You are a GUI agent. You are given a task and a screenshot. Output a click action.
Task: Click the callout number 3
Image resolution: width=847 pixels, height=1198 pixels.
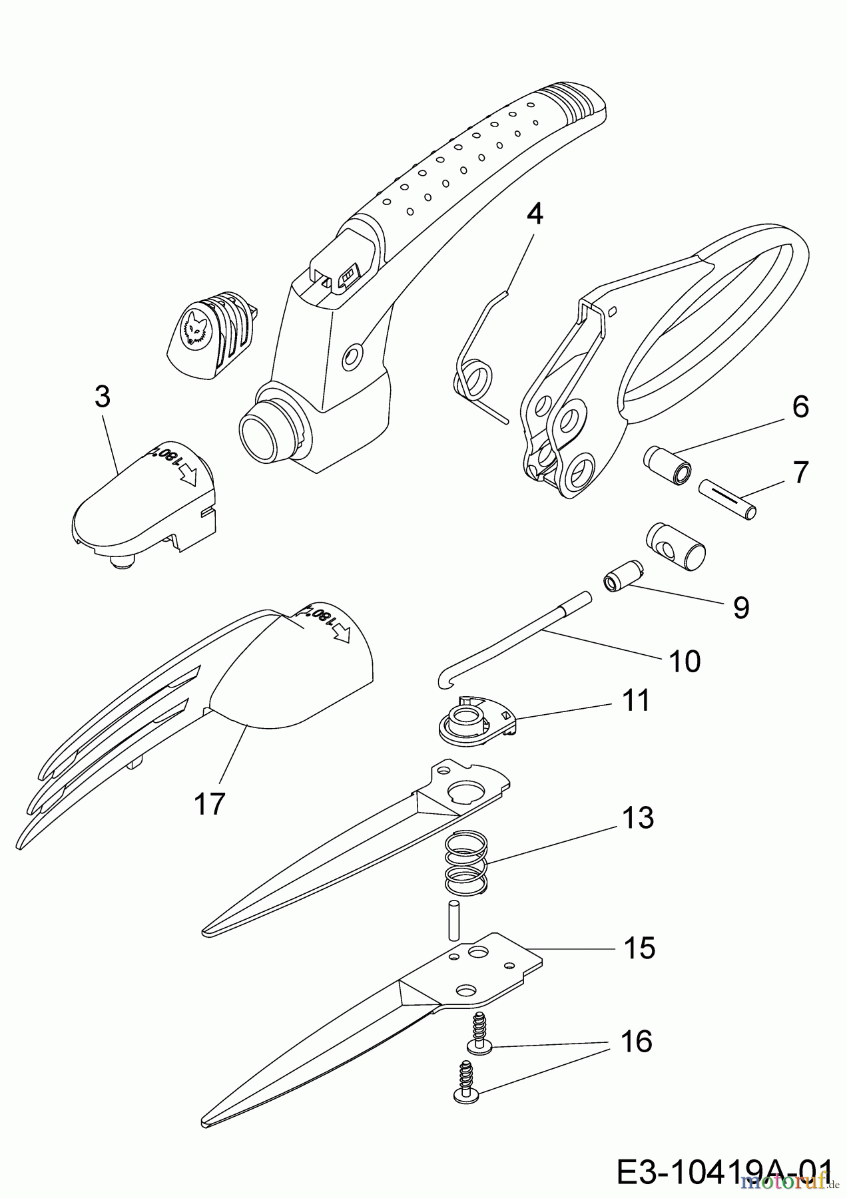(102, 397)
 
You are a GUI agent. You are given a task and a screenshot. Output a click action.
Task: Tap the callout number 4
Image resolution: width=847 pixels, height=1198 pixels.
(534, 214)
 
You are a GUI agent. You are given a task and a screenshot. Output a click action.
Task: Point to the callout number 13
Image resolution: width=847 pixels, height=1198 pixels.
(637, 818)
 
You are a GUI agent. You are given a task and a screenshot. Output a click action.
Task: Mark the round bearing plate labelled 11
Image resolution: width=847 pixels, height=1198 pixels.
(475, 721)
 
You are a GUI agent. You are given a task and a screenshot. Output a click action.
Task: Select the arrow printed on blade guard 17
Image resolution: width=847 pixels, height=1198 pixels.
(342, 632)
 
